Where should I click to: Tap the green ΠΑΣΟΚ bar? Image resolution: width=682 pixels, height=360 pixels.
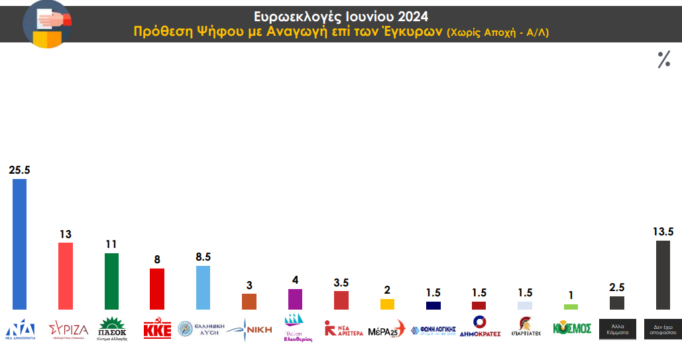(111, 281)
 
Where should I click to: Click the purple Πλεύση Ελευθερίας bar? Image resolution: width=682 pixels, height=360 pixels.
(295, 299)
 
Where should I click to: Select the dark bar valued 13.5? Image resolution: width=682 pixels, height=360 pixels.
(662, 274)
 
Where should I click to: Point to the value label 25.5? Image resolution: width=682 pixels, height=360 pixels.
(19, 170)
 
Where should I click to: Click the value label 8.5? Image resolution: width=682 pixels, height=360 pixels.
(203, 257)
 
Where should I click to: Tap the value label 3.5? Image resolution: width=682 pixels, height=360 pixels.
(341, 282)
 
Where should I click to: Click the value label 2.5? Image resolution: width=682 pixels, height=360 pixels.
(616, 287)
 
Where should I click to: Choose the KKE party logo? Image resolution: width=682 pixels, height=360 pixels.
(157, 329)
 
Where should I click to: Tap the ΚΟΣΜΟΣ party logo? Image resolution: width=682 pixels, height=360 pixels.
(571, 329)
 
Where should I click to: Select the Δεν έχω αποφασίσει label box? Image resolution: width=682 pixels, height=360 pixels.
(663, 330)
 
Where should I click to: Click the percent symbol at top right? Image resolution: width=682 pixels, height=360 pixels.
(663, 60)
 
